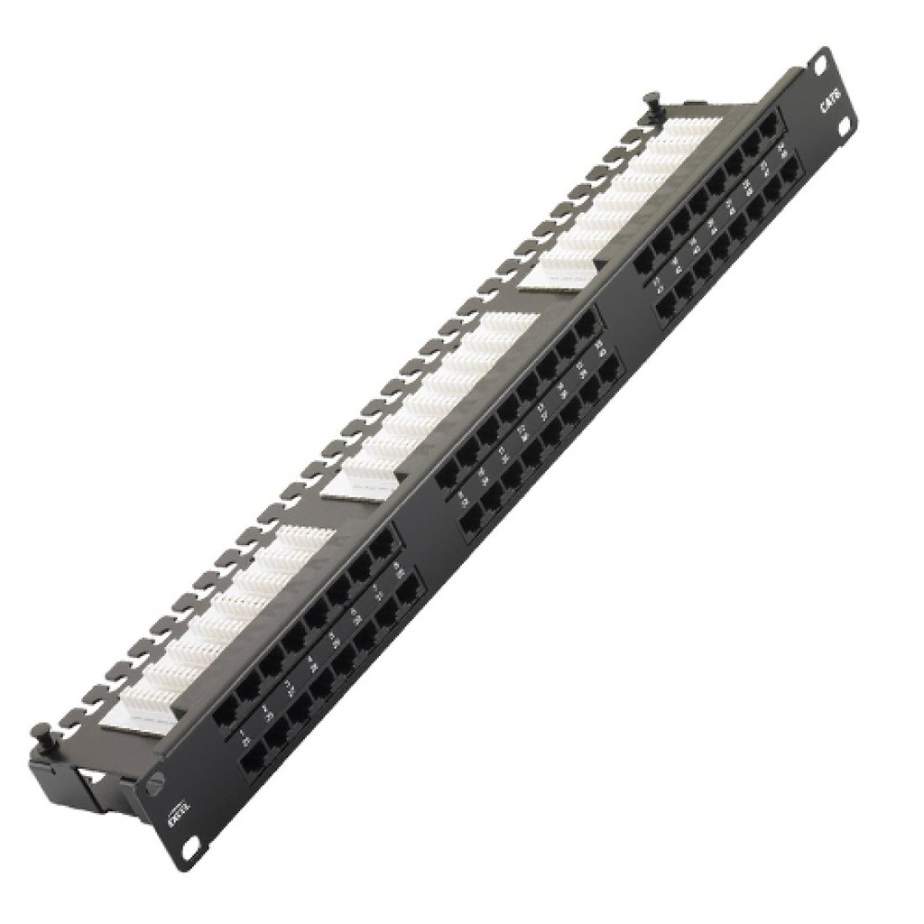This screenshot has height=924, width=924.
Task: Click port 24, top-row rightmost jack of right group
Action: click(768, 129)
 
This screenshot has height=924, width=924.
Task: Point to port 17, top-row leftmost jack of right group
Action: click(644, 261)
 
